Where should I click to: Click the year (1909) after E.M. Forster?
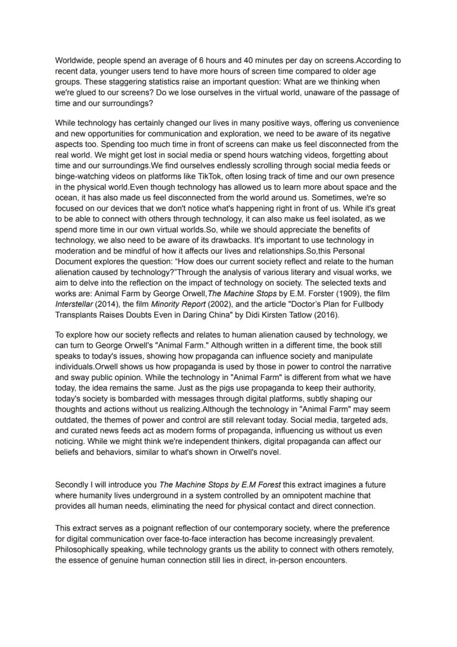point(314,293)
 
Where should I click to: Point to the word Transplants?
point(76,315)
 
